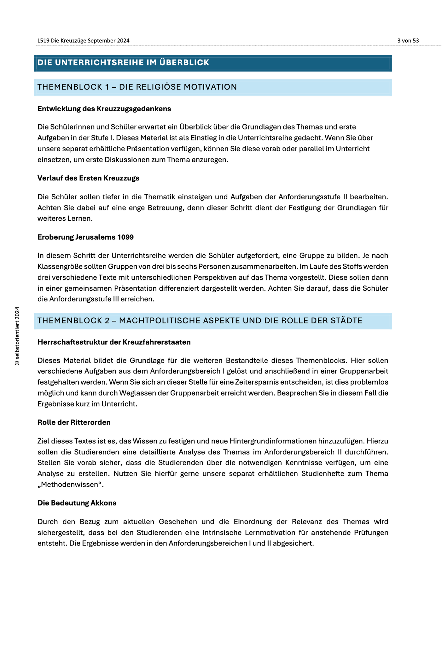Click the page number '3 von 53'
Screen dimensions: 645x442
pyautogui.click(x=408, y=41)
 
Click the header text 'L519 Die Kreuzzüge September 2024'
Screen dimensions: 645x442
pyautogui.click(x=83, y=41)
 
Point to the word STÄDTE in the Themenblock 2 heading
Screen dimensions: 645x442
pyautogui.click(x=346, y=321)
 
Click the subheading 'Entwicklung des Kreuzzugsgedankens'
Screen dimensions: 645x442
pyautogui.click(x=104, y=109)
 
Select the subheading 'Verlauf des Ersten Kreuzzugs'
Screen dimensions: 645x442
pyautogui.click(x=88, y=178)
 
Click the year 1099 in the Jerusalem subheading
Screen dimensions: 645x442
pyautogui.click(x=125, y=237)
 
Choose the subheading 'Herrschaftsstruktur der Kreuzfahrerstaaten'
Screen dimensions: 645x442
pyautogui.click(x=114, y=342)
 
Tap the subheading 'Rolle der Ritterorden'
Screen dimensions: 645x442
pyautogui.click(x=74, y=423)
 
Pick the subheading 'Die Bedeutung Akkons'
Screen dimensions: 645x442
pyautogui.click(x=77, y=503)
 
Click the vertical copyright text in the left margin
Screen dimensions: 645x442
pyautogui.click(x=17, y=336)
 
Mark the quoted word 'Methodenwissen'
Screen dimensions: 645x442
pyautogui.click(x=71, y=485)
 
